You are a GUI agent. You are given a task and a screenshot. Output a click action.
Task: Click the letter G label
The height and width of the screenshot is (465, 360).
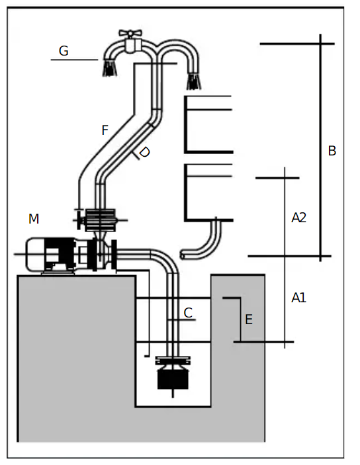click(x=64, y=51)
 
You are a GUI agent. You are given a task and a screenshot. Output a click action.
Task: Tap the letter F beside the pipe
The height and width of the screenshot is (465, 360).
click(x=105, y=130)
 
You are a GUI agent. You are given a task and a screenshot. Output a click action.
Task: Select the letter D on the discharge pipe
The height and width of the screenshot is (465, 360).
click(x=145, y=152)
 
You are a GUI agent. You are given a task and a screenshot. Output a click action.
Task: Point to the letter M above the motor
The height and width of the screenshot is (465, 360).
click(x=34, y=218)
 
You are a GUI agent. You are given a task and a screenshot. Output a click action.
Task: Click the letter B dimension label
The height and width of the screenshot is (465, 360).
click(x=332, y=151)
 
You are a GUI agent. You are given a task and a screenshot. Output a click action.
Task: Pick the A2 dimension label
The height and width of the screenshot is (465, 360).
click(x=298, y=217)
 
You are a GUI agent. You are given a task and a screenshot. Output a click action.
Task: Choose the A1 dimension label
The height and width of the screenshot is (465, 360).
click(x=298, y=298)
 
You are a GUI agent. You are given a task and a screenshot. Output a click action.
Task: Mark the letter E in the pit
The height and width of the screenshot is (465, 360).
click(x=249, y=319)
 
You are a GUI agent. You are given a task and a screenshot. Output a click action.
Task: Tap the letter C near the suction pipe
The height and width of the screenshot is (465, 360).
click(x=188, y=313)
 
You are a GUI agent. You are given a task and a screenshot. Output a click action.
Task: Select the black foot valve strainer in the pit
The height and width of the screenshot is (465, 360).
click(x=172, y=377)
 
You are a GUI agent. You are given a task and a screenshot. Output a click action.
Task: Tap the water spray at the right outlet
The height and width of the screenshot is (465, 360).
click(x=193, y=81)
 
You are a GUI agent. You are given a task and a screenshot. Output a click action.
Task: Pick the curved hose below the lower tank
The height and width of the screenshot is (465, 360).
click(x=205, y=242)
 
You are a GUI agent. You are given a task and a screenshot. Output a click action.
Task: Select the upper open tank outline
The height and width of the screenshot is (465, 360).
click(x=209, y=124)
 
